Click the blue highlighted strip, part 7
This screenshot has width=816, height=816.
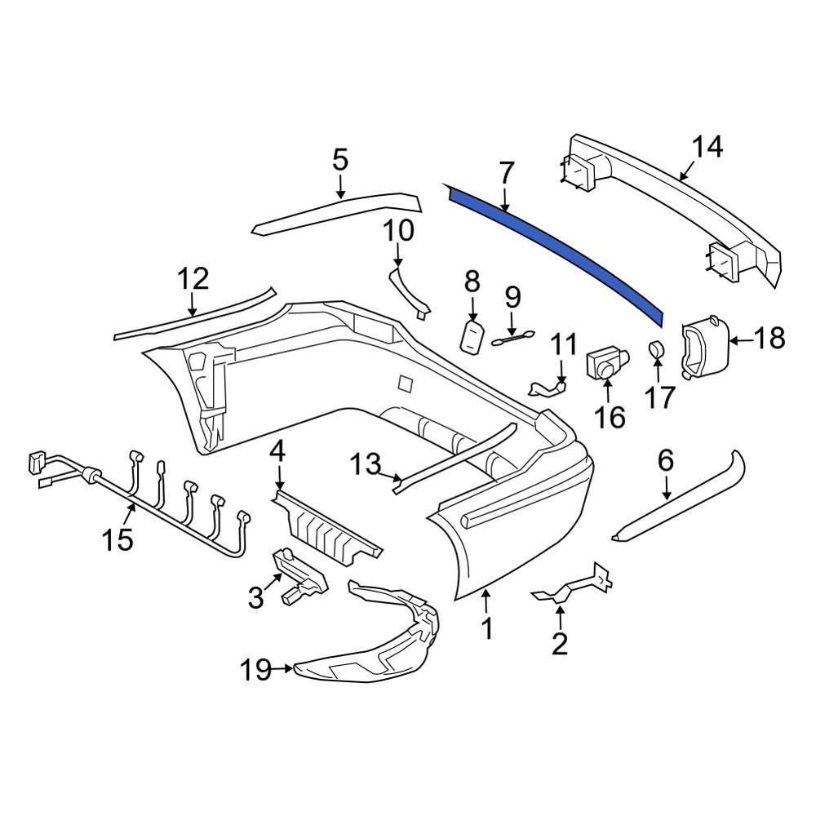click(x=563, y=245)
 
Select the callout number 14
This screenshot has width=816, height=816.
click(x=707, y=148)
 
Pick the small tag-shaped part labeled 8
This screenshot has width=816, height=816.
click(x=472, y=335)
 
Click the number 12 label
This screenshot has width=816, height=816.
click(x=194, y=280)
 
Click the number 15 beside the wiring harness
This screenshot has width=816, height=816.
click(x=118, y=539)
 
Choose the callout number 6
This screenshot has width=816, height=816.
click(x=666, y=461)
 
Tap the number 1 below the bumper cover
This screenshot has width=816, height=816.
click(x=486, y=629)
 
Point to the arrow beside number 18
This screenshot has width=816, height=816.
click(x=738, y=338)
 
